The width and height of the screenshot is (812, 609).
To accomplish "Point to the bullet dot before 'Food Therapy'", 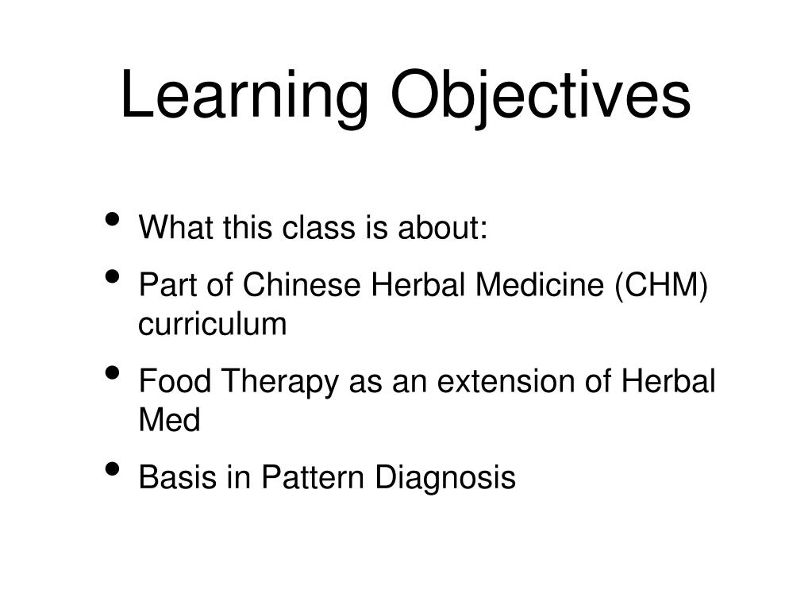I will [x=114, y=373].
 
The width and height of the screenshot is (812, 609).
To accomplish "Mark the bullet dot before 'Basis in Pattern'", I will [x=114, y=469].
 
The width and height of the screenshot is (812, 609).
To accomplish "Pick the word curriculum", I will [x=212, y=325].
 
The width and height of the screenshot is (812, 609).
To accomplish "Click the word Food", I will [x=175, y=382].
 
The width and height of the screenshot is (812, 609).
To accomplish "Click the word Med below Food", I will [x=169, y=421].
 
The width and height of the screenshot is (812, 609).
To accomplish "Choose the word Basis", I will [x=176, y=478].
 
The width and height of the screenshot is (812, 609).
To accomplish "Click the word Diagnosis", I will [x=445, y=479].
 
